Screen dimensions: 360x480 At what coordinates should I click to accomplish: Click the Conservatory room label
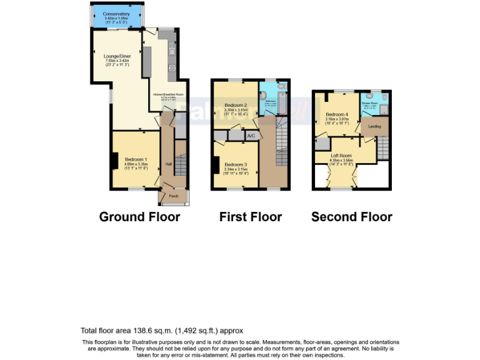[117, 14]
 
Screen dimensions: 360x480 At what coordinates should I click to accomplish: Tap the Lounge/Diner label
[116, 57]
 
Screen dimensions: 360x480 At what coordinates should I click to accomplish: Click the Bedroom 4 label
[336, 114]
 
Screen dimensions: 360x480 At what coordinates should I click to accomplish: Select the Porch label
[174, 196]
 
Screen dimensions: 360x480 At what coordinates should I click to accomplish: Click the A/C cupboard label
[251, 136]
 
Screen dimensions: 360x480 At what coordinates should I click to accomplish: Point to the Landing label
[374, 127]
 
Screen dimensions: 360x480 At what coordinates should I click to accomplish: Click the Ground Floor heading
[139, 217]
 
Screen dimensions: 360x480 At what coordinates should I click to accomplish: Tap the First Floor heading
[250, 217]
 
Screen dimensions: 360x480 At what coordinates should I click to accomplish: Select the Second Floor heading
[351, 217]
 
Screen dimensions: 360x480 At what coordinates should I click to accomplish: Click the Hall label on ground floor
[169, 164]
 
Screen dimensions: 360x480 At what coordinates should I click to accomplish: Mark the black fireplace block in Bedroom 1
[115, 161]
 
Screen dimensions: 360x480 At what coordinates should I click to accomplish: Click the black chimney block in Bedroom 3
[215, 166]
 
